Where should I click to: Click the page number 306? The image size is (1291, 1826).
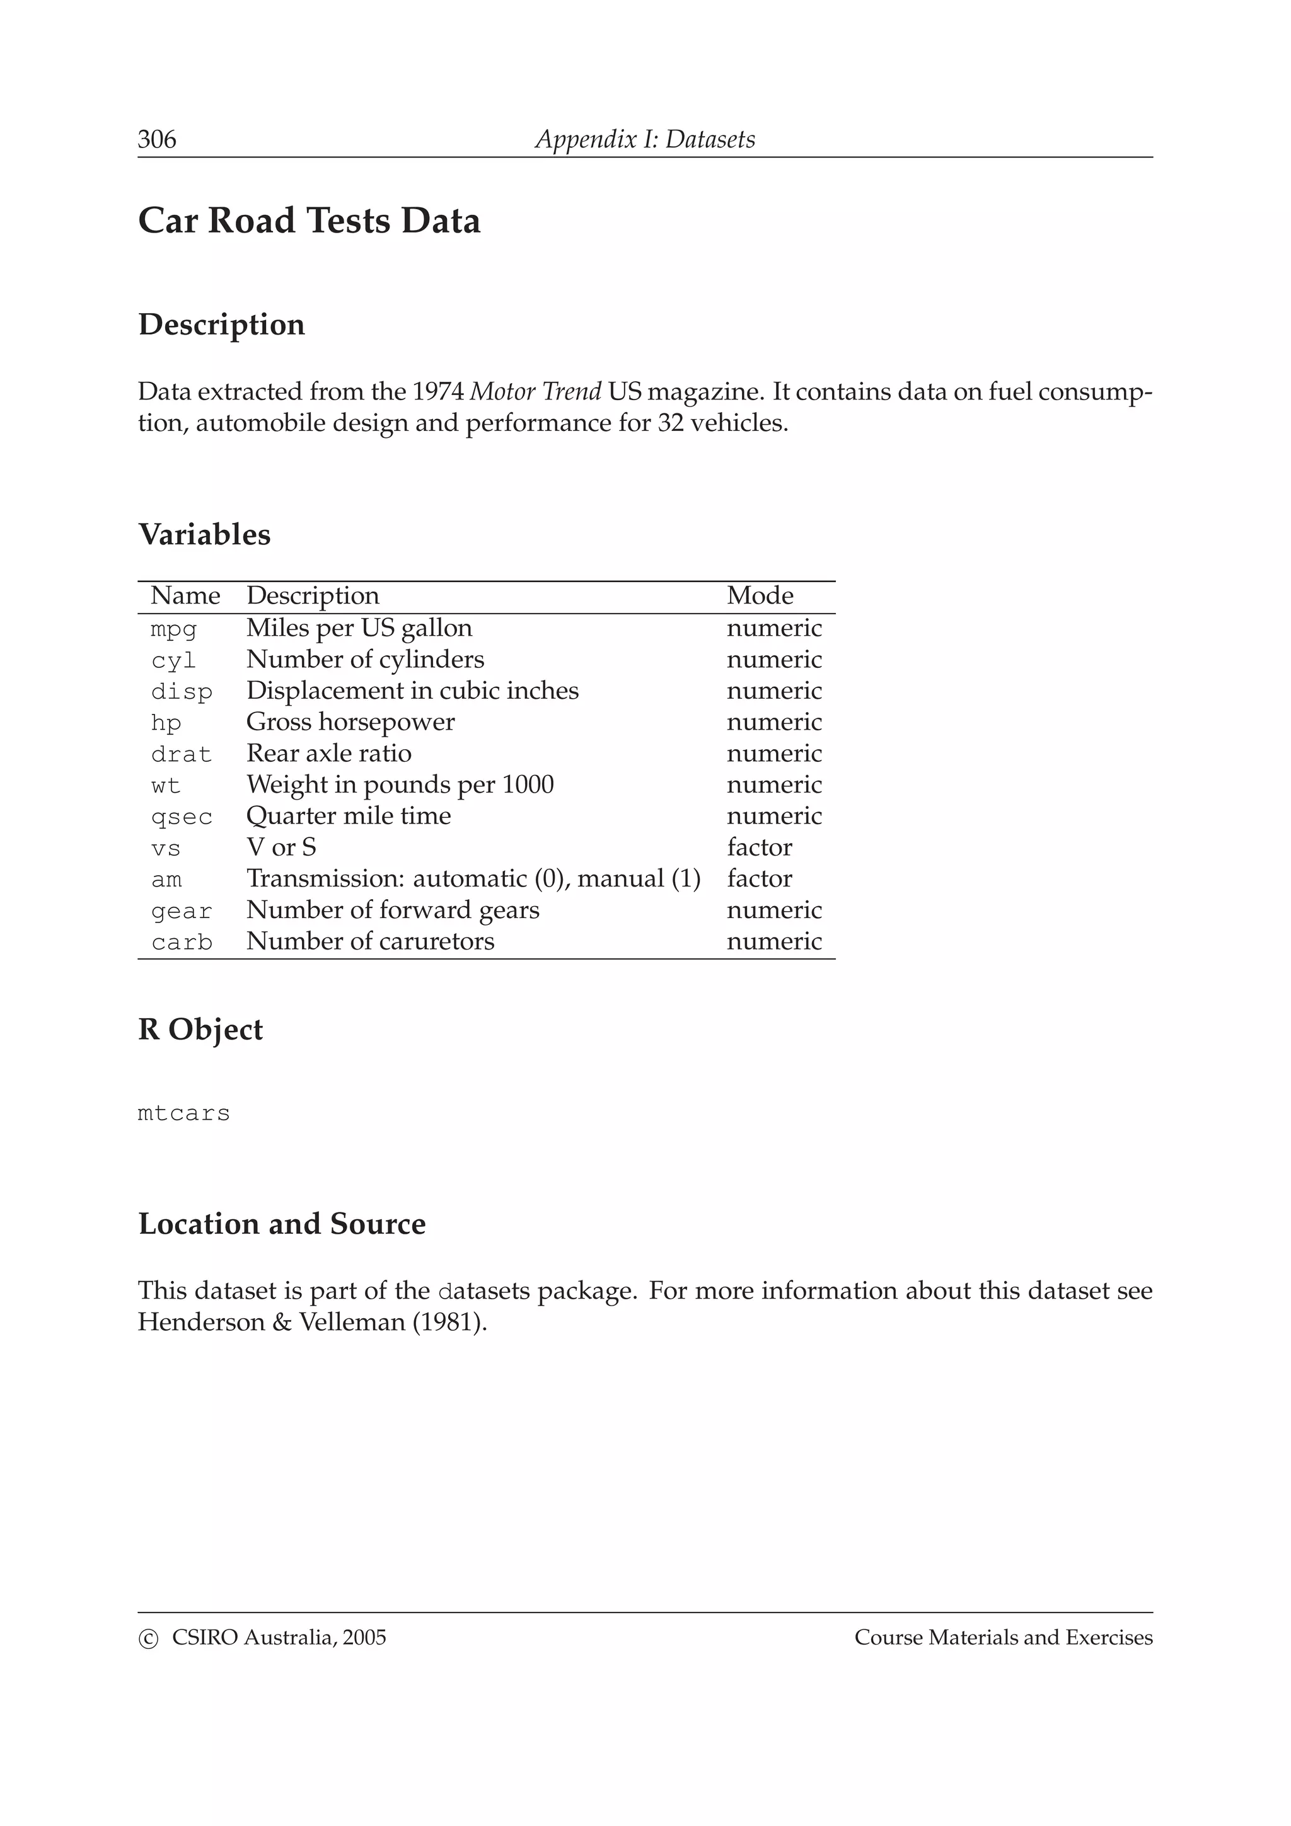point(157,139)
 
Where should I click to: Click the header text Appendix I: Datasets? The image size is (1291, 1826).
point(644,139)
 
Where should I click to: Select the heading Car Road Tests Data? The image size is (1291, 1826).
point(309,221)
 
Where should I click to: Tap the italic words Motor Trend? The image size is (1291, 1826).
point(535,391)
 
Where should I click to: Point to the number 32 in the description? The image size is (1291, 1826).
point(671,422)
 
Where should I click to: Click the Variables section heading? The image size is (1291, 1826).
point(204,534)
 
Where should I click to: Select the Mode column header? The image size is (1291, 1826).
point(760,595)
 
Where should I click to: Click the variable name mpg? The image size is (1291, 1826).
point(173,629)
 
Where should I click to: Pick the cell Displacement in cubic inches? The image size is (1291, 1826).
point(412,691)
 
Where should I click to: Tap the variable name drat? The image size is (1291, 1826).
point(182,754)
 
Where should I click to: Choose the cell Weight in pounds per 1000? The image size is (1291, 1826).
point(399,785)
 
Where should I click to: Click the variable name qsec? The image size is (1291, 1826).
point(182,817)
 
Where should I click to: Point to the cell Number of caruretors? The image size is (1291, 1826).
point(370,941)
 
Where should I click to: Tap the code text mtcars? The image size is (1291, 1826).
point(183,1113)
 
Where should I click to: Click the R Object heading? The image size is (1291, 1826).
point(200,1029)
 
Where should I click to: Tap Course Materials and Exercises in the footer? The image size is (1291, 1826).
point(1003,1638)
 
